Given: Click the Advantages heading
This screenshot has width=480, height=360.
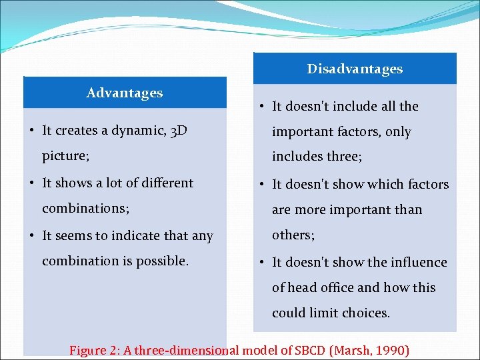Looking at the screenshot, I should click(125, 93).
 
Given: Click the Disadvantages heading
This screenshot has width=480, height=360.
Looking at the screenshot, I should click(355, 69).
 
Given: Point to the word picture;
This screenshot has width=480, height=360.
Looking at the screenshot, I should click(66, 157).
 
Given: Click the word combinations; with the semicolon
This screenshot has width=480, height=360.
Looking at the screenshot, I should click(85, 209).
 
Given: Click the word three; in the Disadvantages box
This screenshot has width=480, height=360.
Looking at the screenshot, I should click(344, 157).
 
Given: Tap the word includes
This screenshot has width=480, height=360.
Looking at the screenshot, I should click(296, 157).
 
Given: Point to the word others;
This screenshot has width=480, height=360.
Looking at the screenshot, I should click(293, 235).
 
